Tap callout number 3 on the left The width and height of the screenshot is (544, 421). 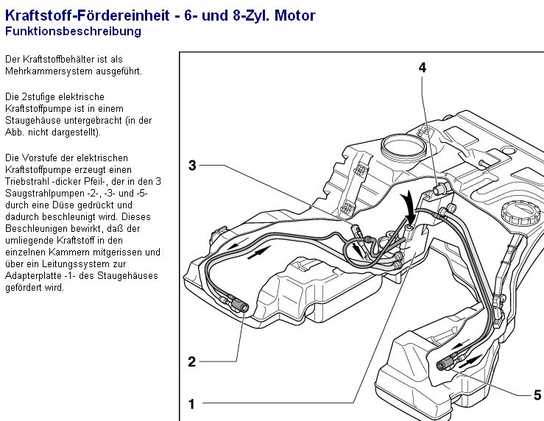click(x=192, y=166)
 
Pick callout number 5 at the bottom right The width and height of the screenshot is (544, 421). click(x=537, y=395)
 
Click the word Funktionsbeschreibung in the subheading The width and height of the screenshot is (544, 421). click(x=73, y=32)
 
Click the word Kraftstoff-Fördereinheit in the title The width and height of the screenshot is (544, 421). click(x=84, y=15)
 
